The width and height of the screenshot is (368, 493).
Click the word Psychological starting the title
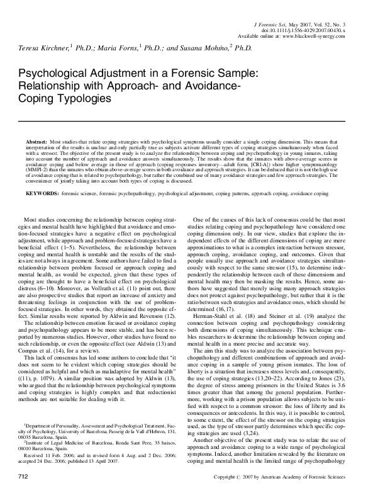[59, 74]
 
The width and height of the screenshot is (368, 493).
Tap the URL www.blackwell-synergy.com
[311, 35]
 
